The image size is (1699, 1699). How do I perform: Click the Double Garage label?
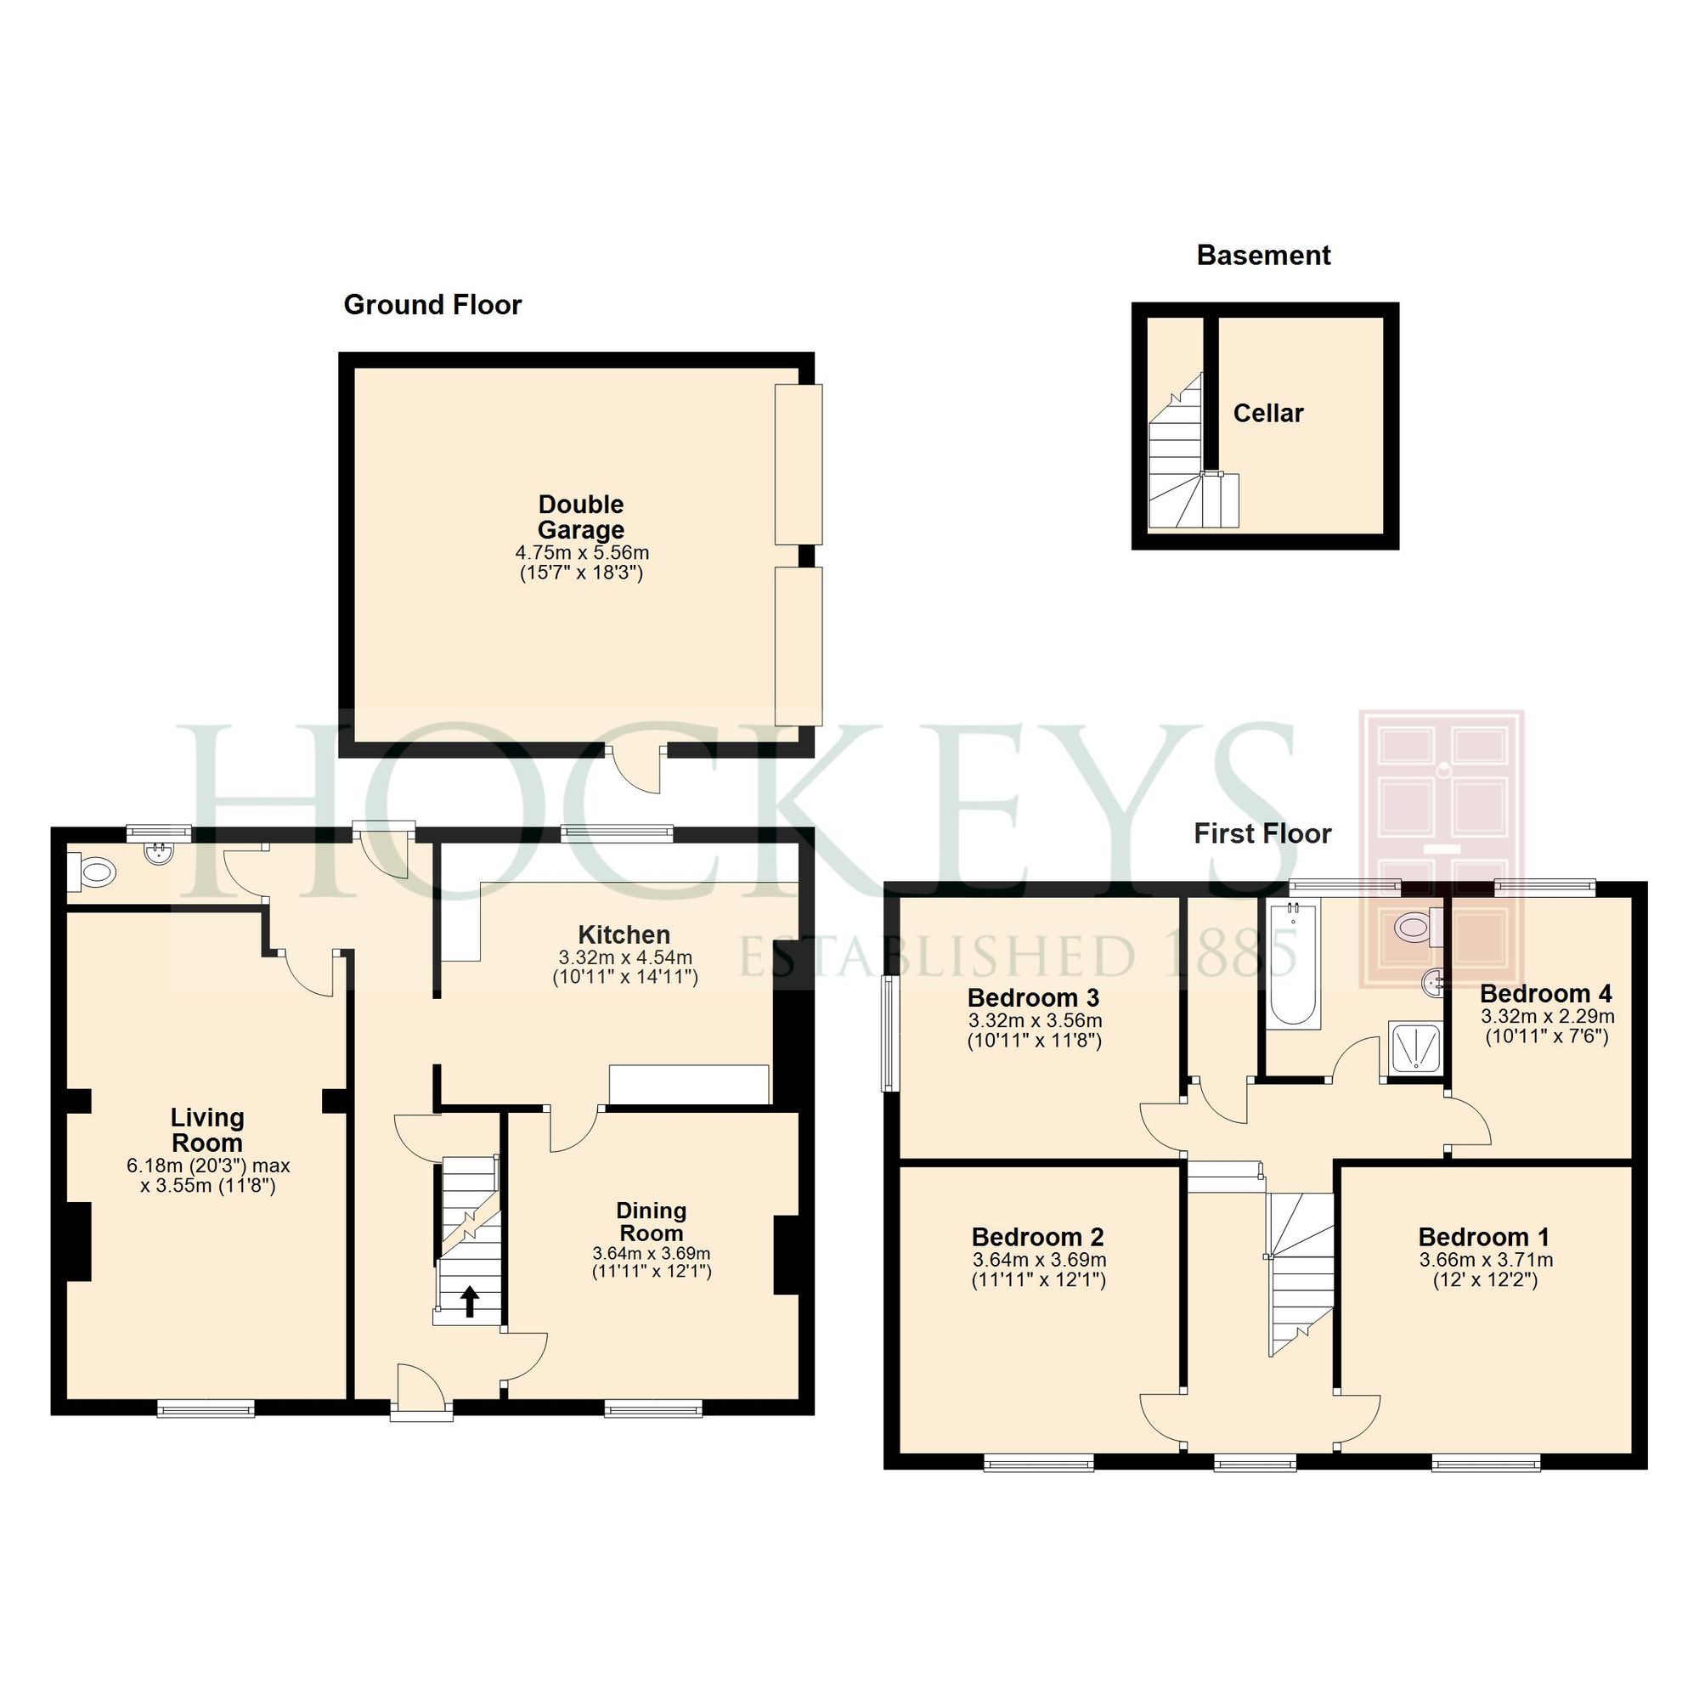pyautogui.click(x=581, y=517)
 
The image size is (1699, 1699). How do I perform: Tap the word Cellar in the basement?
pyautogui.click(x=1267, y=414)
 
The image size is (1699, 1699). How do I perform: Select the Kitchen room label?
pyautogui.click(x=624, y=934)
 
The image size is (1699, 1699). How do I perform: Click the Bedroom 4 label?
pyautogui.click(x=1546, y=994)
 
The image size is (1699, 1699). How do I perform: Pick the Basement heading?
pyautogui.click(x=1263, y=256)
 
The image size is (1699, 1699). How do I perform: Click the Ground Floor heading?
pyautogui.click(x=432, y=305)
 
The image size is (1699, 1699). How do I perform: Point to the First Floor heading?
pyautogui.click(x=1262, y=833)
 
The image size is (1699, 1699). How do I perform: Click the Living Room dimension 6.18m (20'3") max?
pyautogui.click(x=208, y=1166)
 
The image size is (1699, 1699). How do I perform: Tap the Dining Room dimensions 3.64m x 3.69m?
pyautogui.click(x=651, y=1253)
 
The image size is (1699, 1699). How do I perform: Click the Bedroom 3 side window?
pyautogui.click(x=889, y=1033)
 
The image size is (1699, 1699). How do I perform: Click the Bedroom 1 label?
pyautogui.click(x=1483, y=1238)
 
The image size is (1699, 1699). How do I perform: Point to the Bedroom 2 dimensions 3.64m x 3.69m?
pyautogui.click(x=1038, y=1260)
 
